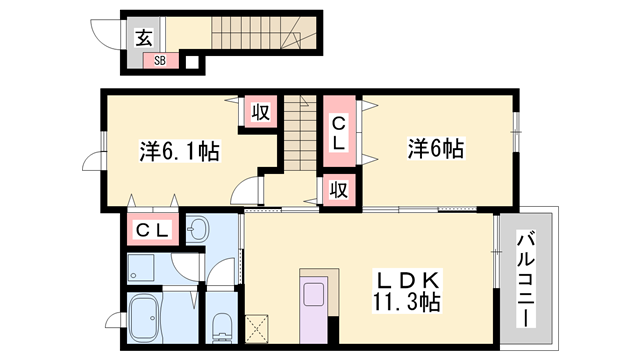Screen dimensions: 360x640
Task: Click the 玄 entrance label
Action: pos(144,39)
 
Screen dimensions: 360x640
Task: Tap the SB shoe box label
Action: pos(160,61)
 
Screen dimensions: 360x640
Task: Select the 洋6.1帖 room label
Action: pos(179,152)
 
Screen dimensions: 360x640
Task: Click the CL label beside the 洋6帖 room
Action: pos(339,133)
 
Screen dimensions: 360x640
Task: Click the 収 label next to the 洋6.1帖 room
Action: pos(259,112)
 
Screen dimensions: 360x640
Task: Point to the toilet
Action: pos(222,326)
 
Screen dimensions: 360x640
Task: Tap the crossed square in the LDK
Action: pos(258,325)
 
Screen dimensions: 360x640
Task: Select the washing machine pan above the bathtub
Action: pos(145,268)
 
